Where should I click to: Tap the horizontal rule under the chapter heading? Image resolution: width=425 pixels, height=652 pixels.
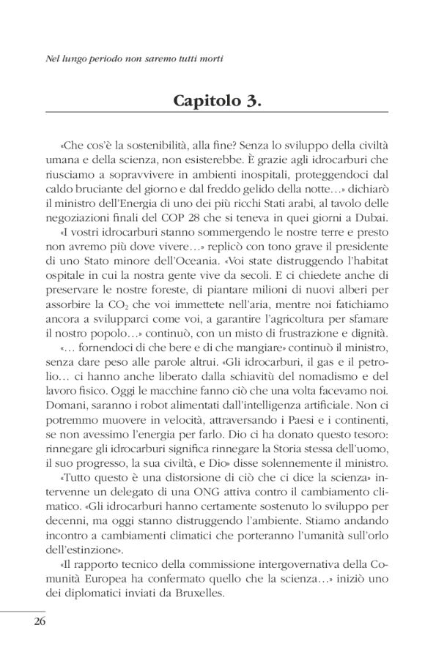point(212,113)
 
